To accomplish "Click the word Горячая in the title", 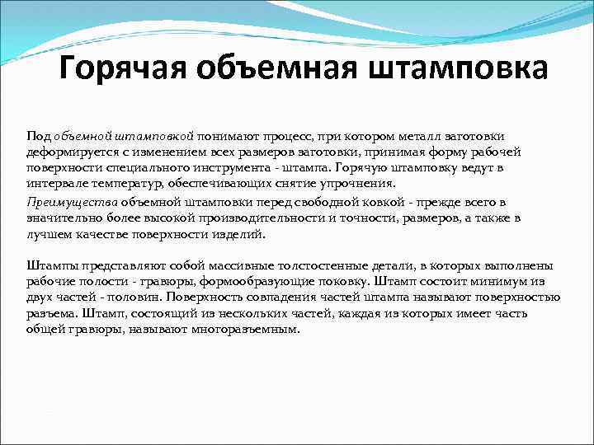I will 123,69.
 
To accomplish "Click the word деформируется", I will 68,152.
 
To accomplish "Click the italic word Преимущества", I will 72,202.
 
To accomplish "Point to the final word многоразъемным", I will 247,329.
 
